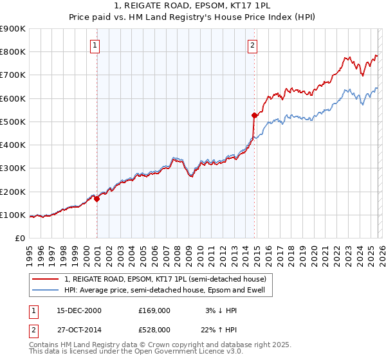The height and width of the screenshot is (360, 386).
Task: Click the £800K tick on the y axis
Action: [x=13, y=52]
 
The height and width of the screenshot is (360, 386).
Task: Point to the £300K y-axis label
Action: [x=13, y=168]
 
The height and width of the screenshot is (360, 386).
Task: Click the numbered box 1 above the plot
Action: [x=95, y=45]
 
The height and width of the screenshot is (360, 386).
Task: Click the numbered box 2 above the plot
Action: [x=252, y=45]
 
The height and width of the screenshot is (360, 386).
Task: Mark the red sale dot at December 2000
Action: [x=97, y=199]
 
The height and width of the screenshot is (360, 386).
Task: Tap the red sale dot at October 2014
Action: [x=254, y=116]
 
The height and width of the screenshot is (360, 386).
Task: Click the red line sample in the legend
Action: [x=46, y=278]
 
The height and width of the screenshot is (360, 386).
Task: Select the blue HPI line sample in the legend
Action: [x=46, y=290]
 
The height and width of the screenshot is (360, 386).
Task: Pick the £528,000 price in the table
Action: [x=154, y=329]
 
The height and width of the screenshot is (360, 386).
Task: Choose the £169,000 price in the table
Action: [x=154, y=310]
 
